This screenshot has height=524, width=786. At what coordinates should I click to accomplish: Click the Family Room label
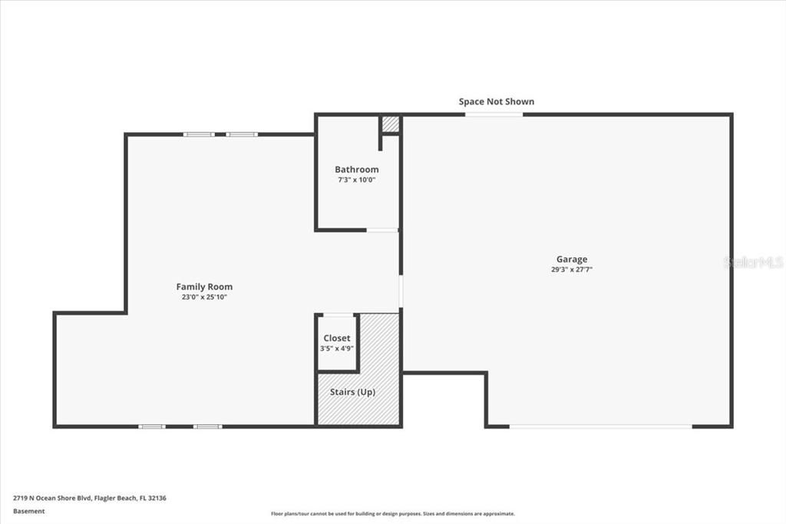[x=204, y=287]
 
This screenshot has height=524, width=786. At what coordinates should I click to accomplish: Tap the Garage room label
[x=572, y=259]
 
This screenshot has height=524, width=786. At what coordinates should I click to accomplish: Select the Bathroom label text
[x=356, y=169]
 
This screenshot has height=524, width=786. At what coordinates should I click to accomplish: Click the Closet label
[x=336, y=338]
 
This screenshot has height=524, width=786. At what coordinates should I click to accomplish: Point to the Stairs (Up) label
[x=352, y=392]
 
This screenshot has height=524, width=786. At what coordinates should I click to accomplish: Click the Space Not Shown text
[x=496, y=101]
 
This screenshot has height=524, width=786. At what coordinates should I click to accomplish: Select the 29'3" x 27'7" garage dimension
[x=572, y=270]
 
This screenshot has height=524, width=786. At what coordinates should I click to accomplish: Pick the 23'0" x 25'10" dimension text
[x=204, y=297]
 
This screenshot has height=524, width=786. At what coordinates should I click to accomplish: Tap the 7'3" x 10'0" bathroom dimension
[x=356, y=180]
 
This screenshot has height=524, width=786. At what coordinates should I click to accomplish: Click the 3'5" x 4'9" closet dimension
[x=336, y=348]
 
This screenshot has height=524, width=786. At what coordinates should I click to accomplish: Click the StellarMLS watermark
[x=754, y=262]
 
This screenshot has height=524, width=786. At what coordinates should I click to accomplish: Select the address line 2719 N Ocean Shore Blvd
[x=90, y=498]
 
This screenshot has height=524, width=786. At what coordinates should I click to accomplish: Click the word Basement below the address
[x=29, y=511]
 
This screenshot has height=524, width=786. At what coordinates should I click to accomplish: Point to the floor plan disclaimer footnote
[x=392, y=514]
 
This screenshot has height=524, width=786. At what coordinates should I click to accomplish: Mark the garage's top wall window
[x=494, y=114]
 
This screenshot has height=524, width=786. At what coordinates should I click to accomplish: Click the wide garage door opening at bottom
[x=601, y=426]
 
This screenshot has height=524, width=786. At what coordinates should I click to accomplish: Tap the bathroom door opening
[x=381, y=230]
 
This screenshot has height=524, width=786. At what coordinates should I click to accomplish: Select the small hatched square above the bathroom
[x=391, y=124]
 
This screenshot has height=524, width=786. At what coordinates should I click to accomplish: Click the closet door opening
[x=338, y=314]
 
